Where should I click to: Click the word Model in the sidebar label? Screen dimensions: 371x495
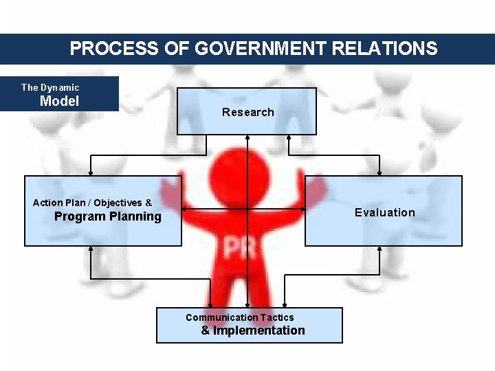(x=59, y=101)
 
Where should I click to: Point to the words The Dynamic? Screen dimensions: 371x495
(x=50, y=87)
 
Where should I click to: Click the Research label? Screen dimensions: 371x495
(x=247, y=112)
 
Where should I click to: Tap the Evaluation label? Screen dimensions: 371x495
(x=385, y=212)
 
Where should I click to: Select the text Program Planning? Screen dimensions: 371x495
(x=108, y=216)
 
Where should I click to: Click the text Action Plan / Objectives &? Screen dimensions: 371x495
(x=92, y=203)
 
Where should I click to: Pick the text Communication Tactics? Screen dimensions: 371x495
(x=239, y=317)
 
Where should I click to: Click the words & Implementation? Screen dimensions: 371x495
(x=253, y=330)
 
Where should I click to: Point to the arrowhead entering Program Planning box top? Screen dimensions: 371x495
(x=91, y=173)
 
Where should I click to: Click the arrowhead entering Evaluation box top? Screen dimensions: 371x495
(x=380, y=173)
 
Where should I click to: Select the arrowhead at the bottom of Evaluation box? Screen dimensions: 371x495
(x=380, y=249)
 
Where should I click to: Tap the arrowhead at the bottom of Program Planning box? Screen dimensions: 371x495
(x=91, y=249)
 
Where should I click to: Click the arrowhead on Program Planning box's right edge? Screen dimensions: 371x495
(x=185, y=210)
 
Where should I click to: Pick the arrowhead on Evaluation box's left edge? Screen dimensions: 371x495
(x=302, y=210)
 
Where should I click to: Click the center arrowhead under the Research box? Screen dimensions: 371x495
(x=247, y=138)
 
